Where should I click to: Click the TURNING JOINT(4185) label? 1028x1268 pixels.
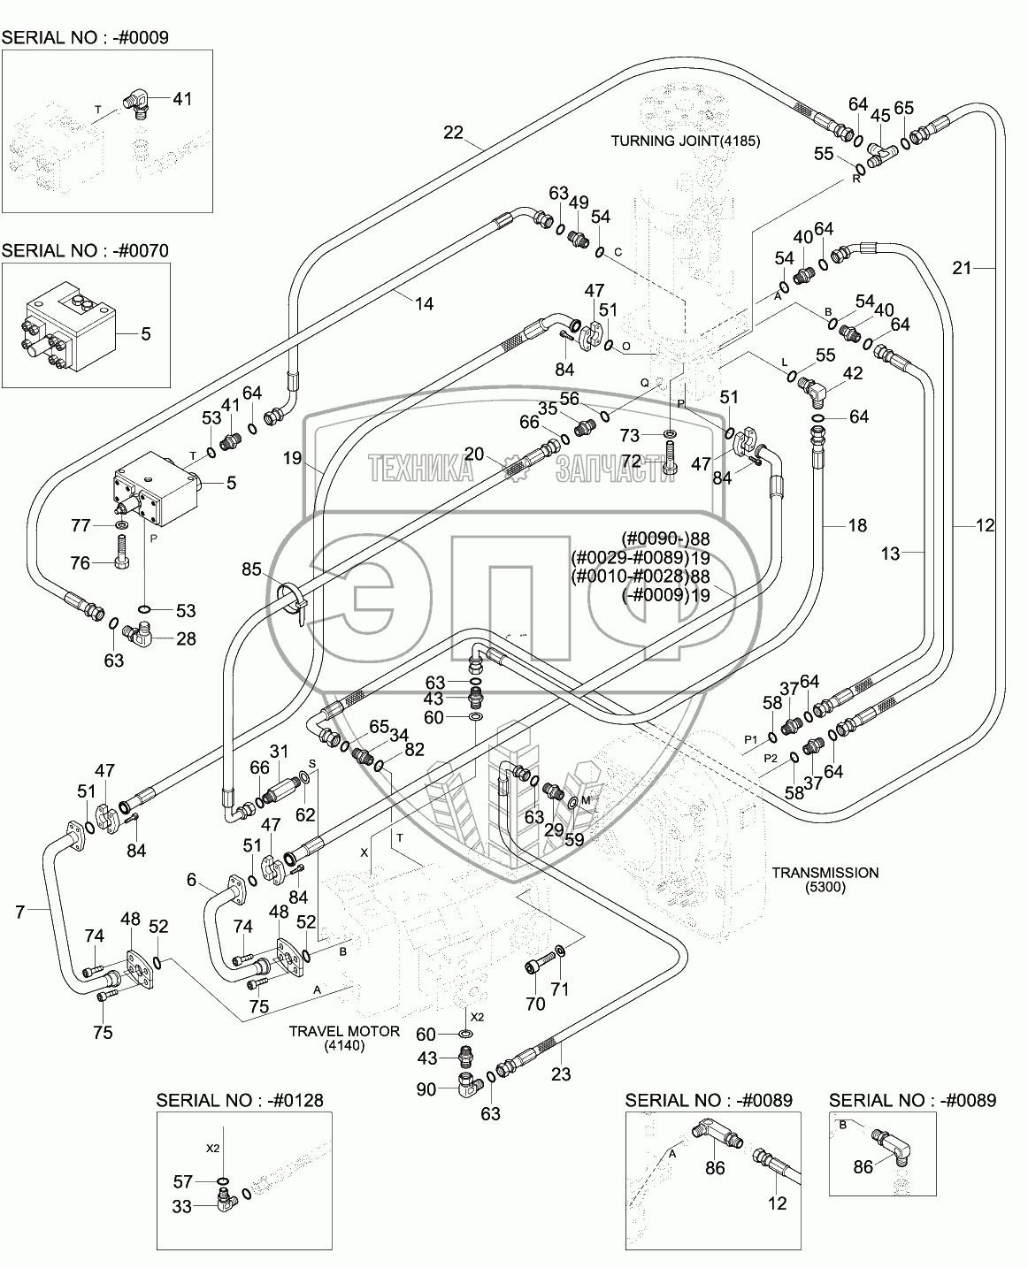pos(687,141)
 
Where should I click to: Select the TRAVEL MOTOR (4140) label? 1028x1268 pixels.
pos(344,1037)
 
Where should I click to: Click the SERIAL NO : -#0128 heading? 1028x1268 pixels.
pos(240,1100)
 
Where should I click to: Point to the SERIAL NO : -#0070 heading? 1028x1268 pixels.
pos(85,250)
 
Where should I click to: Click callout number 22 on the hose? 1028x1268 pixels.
pos(453,133)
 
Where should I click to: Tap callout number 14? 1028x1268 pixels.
pos(424,303)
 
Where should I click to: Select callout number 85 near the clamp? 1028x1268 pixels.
pos(251,570)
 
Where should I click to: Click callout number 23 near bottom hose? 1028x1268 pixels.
pos(561,1074)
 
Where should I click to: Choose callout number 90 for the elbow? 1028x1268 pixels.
pos(426,1089)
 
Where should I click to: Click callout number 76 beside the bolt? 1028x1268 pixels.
pos(81,563)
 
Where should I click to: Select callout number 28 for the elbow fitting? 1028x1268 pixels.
pos(185,638)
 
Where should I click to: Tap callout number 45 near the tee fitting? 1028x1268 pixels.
pos(880,117)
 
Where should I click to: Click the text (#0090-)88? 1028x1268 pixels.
pos(665,539)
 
